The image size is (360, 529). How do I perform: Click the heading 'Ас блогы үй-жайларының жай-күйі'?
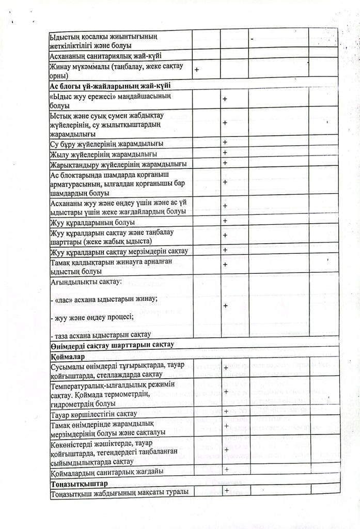click(110, 85)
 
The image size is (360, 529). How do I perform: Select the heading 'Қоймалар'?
click(65, 356)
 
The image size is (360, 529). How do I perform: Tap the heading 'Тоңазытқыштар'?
click(79, 484)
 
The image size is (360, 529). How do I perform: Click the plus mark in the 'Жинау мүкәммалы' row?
click(197, 69)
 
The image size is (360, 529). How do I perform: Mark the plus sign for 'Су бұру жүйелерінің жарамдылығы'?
click(225, 142)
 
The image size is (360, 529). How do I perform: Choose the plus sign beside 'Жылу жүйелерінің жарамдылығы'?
click(225, 153)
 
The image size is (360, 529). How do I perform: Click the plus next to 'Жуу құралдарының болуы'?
click(225, 221)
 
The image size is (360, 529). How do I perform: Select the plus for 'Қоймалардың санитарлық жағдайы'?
click(227, 470)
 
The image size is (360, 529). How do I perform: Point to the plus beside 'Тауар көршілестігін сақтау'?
click(227, 412)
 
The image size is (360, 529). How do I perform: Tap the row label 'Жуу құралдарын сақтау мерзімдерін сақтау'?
click(119, 252)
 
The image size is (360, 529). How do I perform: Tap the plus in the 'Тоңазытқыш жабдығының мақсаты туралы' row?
click(227, 491)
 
